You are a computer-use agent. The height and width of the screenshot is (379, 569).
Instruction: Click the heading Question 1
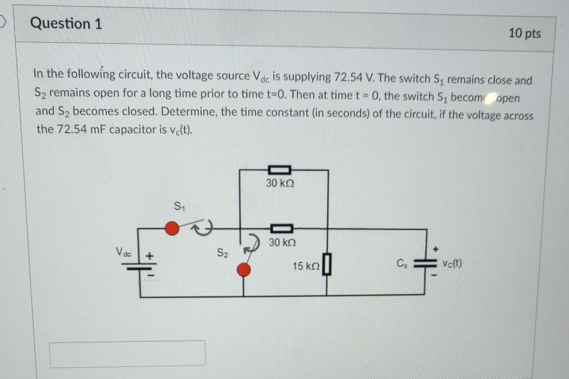click(x=66, y=24)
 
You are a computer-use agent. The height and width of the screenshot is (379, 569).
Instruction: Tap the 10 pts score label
click(x=524, y=33)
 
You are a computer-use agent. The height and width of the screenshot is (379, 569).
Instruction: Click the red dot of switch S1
click(x=172, y=228)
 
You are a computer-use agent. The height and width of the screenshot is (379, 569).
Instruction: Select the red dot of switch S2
click(x=244, y=270)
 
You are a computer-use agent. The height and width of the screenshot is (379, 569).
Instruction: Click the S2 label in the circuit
click(x=222, y=253)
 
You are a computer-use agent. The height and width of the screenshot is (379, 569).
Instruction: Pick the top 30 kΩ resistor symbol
click(x=280, y=170)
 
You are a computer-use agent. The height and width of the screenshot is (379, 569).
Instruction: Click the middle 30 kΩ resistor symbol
click(x=281, y=229)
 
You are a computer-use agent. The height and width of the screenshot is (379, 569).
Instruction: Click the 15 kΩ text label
click(x=306, y=266)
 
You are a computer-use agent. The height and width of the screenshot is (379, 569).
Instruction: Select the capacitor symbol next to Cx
click(x=426, y=264)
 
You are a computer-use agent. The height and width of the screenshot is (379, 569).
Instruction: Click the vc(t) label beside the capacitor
click(x=452, y=263)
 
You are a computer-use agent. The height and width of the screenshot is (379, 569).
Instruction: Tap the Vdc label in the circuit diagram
click(x=123, y=252)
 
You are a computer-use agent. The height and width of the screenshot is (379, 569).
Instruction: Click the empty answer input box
click(x=127, y=354)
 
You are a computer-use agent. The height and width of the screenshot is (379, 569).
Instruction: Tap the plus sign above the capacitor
click(x=436, y=249)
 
